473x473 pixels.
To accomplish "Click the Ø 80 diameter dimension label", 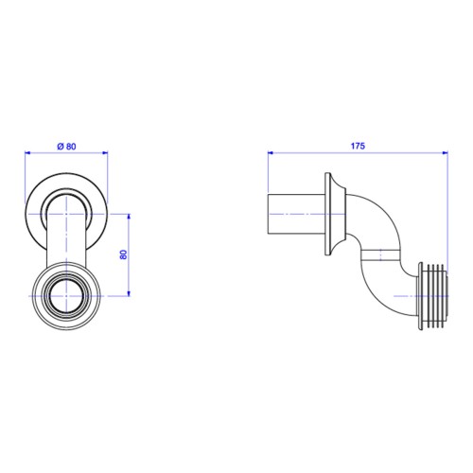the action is click(x=66, y=147).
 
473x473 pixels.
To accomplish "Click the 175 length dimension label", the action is click(x=358, y=146).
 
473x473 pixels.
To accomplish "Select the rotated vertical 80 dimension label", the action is click(x=124, y=254).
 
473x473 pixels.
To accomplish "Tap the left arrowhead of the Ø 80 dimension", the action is click(x=27, y=153).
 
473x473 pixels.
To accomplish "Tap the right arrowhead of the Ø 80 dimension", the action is click(x=105, y=153).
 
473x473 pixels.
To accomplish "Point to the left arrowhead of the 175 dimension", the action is click(x=271, y=153).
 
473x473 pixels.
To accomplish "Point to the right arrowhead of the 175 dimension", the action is click(x=446, y=153).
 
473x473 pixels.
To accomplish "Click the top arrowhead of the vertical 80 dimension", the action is click(x=129, y=217).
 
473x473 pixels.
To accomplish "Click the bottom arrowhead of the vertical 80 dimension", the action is click(x=129, y=293).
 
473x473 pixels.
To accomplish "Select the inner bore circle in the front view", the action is click(x=66, y=281).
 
